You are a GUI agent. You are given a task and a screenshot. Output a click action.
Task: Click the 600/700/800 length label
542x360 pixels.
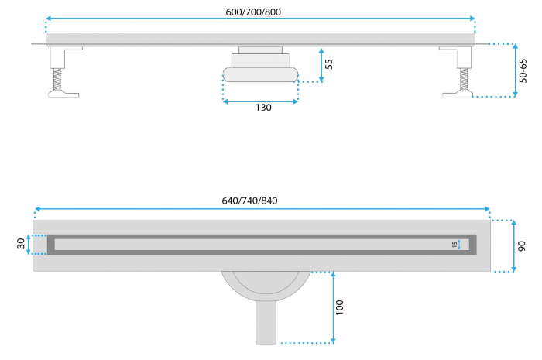tap(253, 12)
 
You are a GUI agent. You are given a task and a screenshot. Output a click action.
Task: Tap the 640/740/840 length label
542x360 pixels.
tap(249, 201)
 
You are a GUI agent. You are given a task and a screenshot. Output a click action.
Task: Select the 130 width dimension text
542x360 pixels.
tap(263, 108)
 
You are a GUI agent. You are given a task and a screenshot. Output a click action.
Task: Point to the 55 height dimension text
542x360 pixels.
tap(329, 64)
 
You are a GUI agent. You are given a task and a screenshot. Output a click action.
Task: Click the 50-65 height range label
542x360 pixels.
tap(523, 70)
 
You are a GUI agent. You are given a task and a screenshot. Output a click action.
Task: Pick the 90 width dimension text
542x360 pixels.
tap(522, 246)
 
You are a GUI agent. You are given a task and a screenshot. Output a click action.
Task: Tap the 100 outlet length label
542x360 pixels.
tap(340, 307)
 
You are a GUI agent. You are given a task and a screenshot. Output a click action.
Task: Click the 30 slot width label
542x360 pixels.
tap(21, 243)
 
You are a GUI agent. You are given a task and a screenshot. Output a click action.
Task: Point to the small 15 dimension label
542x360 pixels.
tap(455, 245)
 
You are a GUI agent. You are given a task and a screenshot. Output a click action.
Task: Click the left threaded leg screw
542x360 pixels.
tap(57, 79)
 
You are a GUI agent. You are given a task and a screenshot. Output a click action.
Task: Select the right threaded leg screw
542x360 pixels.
tap(464, 79)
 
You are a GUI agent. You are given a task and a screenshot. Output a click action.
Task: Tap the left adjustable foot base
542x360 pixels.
tap(63, 93)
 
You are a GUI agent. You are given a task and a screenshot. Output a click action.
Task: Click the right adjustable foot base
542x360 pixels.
tap(458, 93)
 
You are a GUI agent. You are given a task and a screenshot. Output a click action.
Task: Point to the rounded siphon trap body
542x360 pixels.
tap(260, 74)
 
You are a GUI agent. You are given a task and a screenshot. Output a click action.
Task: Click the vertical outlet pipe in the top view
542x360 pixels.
tap(266, 322)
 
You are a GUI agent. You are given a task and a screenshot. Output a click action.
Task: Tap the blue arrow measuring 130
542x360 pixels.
tap(260, 101)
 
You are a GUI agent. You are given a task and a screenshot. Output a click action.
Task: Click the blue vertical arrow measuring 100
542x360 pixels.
tap(333, 307)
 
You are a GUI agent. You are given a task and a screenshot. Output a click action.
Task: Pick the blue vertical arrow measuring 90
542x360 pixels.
tap(514, 246)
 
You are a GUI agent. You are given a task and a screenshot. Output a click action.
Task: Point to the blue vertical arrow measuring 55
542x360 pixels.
tap(321, 65)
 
